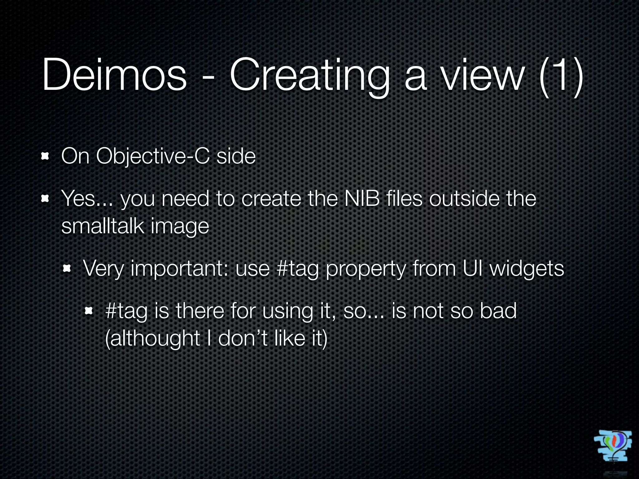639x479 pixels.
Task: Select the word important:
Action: coord(180,269)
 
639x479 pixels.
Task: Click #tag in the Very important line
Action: coord(297,269)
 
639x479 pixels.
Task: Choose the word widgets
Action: coord(526,269)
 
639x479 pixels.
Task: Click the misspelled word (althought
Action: coord(153,339)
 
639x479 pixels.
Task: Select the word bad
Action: coord(498,311)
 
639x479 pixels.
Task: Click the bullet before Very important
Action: coord(67,268)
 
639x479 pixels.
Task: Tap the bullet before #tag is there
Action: coord(89,310)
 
